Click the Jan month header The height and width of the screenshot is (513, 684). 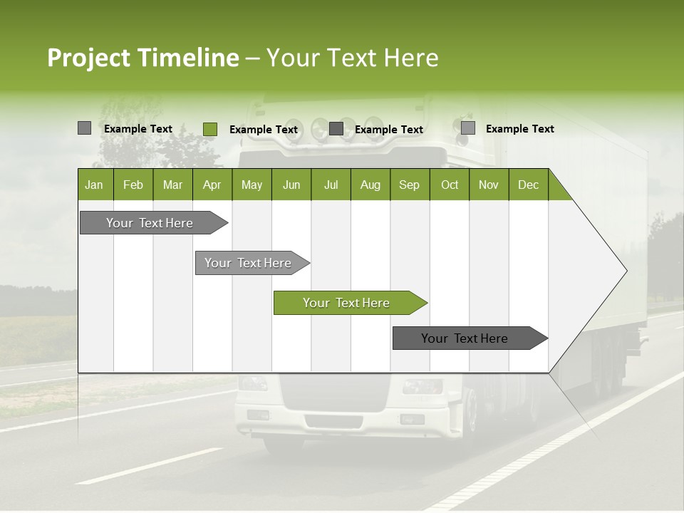coord(94,185)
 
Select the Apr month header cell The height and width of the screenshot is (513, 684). coord(212,185)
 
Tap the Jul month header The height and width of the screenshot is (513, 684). coord(331,185)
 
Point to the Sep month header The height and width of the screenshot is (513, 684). coord(409,185)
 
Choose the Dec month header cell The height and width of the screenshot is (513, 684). coord(528,185)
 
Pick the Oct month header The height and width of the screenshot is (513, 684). coord(449,185)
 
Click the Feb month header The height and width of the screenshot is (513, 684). coord(133,185)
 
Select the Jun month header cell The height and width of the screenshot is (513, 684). coord(291,185)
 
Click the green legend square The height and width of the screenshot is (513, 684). coord(209,129)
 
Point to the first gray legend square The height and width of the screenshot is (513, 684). coord(84,128)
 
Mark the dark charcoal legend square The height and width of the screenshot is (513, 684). coord(336,129)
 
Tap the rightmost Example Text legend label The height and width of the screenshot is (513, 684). coord(519,129)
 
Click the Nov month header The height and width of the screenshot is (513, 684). coord(489,185)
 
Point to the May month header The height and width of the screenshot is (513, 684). coord(252,185)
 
